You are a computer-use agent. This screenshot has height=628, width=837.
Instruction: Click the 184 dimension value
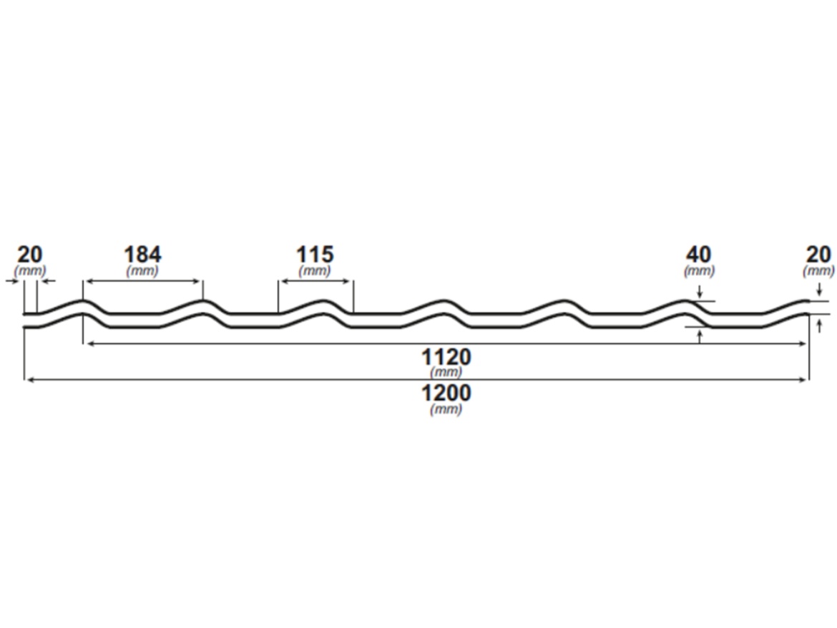(142, 254)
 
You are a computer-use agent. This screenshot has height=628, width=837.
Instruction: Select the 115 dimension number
(315, 254)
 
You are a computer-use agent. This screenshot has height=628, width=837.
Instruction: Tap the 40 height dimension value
(699, 254)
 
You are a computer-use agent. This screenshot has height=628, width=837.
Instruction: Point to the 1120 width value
(446, 356)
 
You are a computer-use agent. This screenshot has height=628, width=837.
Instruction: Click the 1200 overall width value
(446, 393)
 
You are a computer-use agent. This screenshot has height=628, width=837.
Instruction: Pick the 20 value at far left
(30, 254)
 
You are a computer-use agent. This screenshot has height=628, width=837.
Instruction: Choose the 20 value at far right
(818, 254)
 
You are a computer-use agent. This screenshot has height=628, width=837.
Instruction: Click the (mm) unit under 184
(142, 271)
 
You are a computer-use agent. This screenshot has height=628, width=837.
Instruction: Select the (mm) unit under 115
(314, 271)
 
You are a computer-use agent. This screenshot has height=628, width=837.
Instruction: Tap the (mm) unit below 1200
(446, 409)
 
